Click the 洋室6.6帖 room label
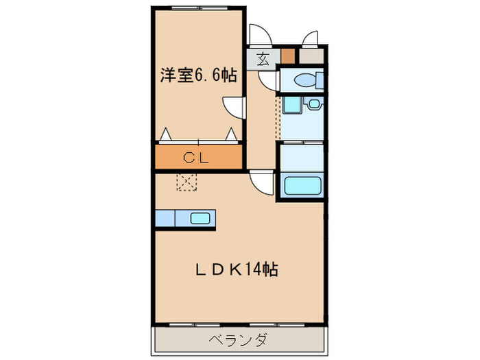[x=198, y=75]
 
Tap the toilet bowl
[x=304, y=81]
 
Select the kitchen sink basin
[x=200, y=219]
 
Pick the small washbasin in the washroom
[x=313, y=104]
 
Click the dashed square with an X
[x=187, y=182]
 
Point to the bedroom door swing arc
[x=234, y=107]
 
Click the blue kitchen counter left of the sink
[x=165, y=219]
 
